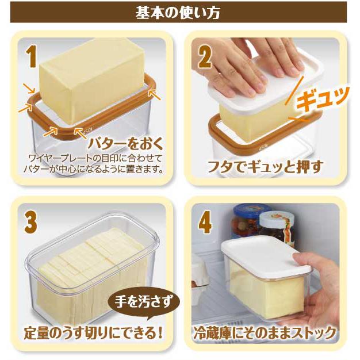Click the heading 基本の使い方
178,13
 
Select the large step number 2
205,56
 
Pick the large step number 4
205,222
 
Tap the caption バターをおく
126,144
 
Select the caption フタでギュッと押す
265,167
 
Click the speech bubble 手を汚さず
144,301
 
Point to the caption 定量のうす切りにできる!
93,332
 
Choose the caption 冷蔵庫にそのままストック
265,332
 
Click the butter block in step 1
92,81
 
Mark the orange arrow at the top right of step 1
154,94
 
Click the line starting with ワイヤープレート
95,158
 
